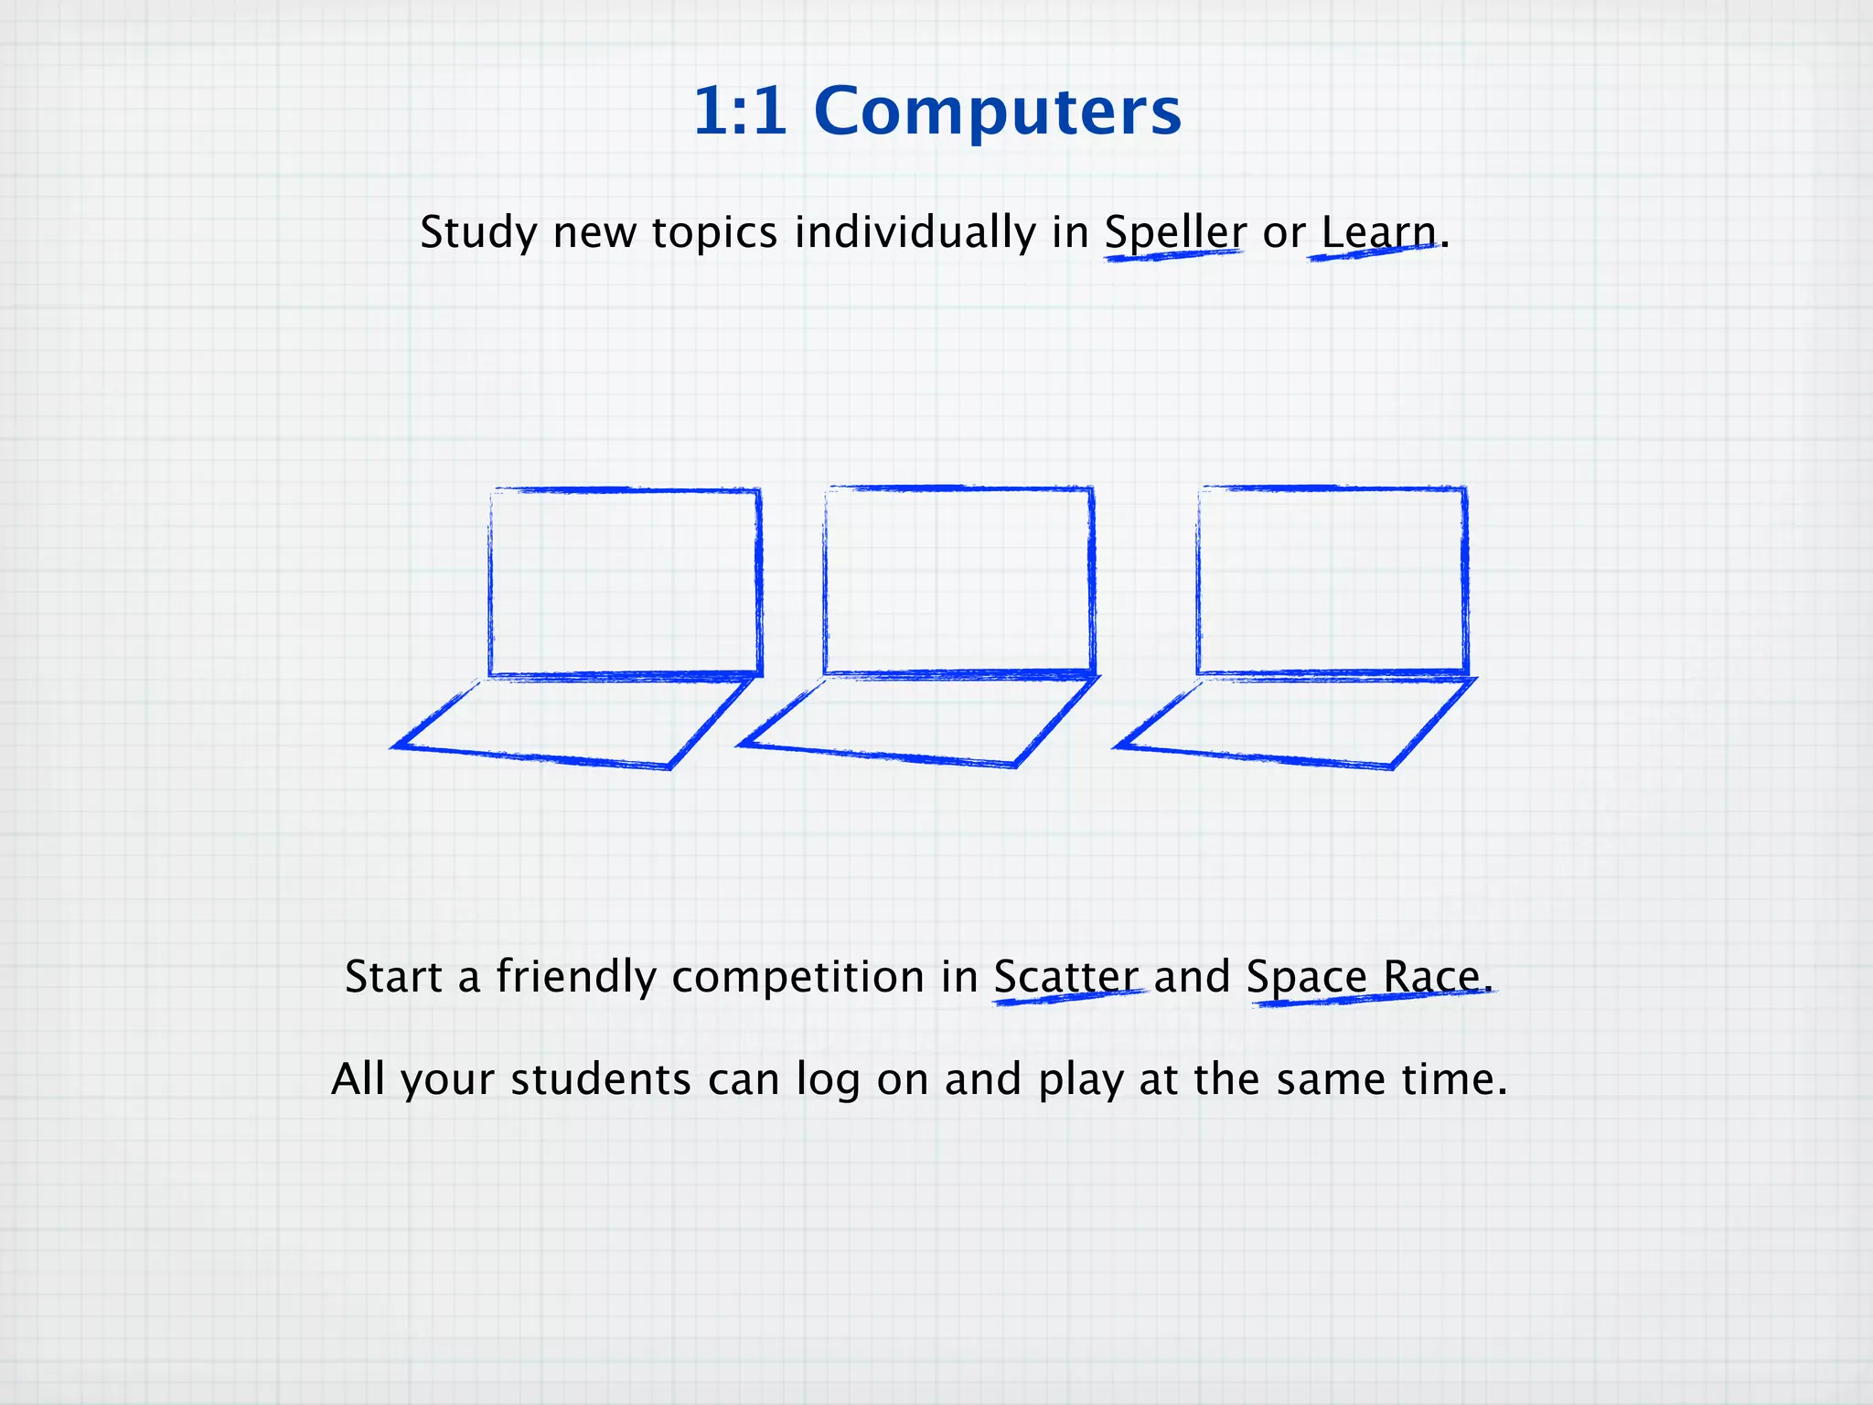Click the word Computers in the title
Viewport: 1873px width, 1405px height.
(997, 112)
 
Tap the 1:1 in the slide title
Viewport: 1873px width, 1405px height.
(740, 112)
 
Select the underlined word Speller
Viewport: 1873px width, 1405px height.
(1174, 232)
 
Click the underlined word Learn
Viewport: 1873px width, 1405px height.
(1378, 232)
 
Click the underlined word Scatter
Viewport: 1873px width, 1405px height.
(1066, 977)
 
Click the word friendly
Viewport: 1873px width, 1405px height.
(575, 977)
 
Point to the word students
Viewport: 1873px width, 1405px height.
(600, 1079)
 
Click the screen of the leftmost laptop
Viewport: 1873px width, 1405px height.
(625, 584)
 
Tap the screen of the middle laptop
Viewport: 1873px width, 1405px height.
(958, 582)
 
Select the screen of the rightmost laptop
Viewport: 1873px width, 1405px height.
(1332, 582)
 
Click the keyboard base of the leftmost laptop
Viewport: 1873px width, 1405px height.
(574, 722)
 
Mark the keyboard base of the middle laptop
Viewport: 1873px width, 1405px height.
(919, 720)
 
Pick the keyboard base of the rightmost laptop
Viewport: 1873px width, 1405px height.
(1295, 722)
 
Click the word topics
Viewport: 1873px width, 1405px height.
(714, 232)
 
